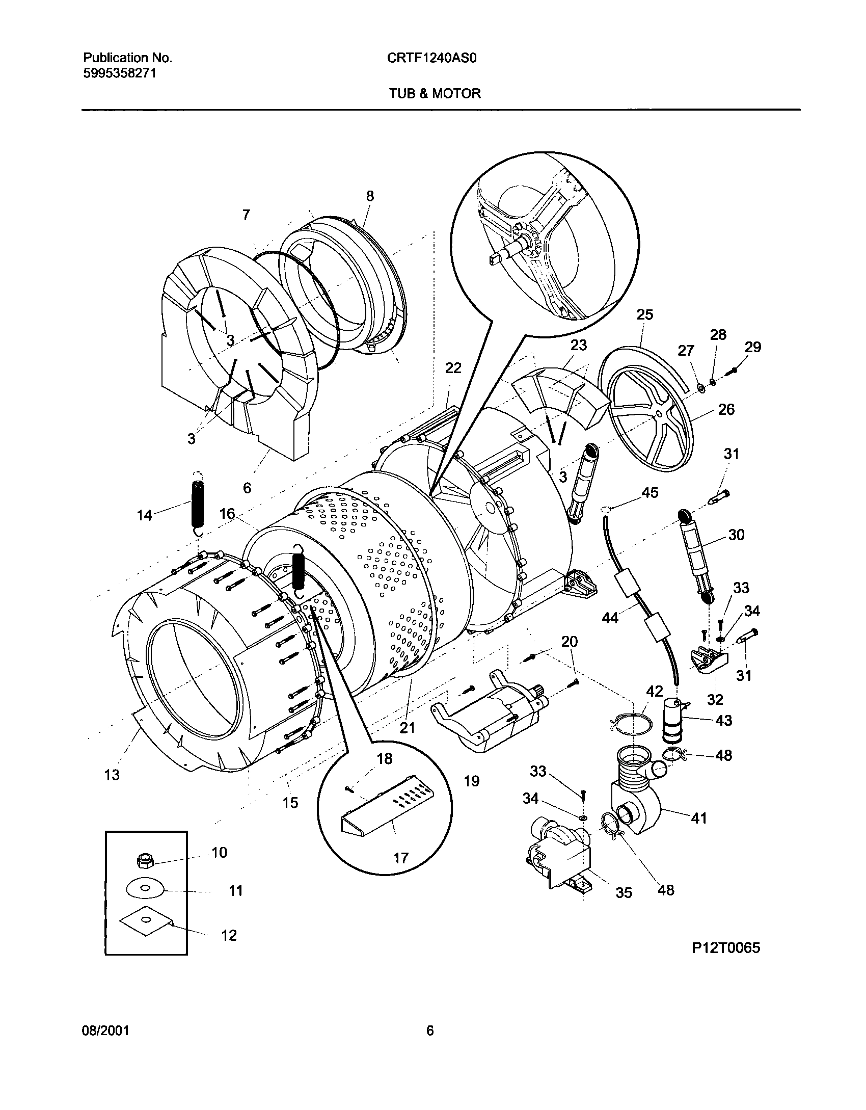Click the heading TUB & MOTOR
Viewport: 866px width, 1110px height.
pyautogui.click(x=435, y=93)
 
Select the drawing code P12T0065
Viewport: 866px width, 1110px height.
pyautogui.click(x=725, y=947)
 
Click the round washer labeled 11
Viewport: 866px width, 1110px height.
pyautogui.click(x=145, y=889)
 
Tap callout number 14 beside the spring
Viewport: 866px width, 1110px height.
pyautogui.click(x=145, y=515)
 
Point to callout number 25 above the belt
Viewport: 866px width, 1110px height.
pyautogui.click(x=644, y=314)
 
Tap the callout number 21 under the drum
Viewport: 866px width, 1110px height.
pyautogui.click(x=407, y=728)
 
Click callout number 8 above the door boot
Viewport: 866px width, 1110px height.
pyautogui.click(x=370, y=196)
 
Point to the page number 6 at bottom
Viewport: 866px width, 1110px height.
pyautogui.click(x=429, y=1031)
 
